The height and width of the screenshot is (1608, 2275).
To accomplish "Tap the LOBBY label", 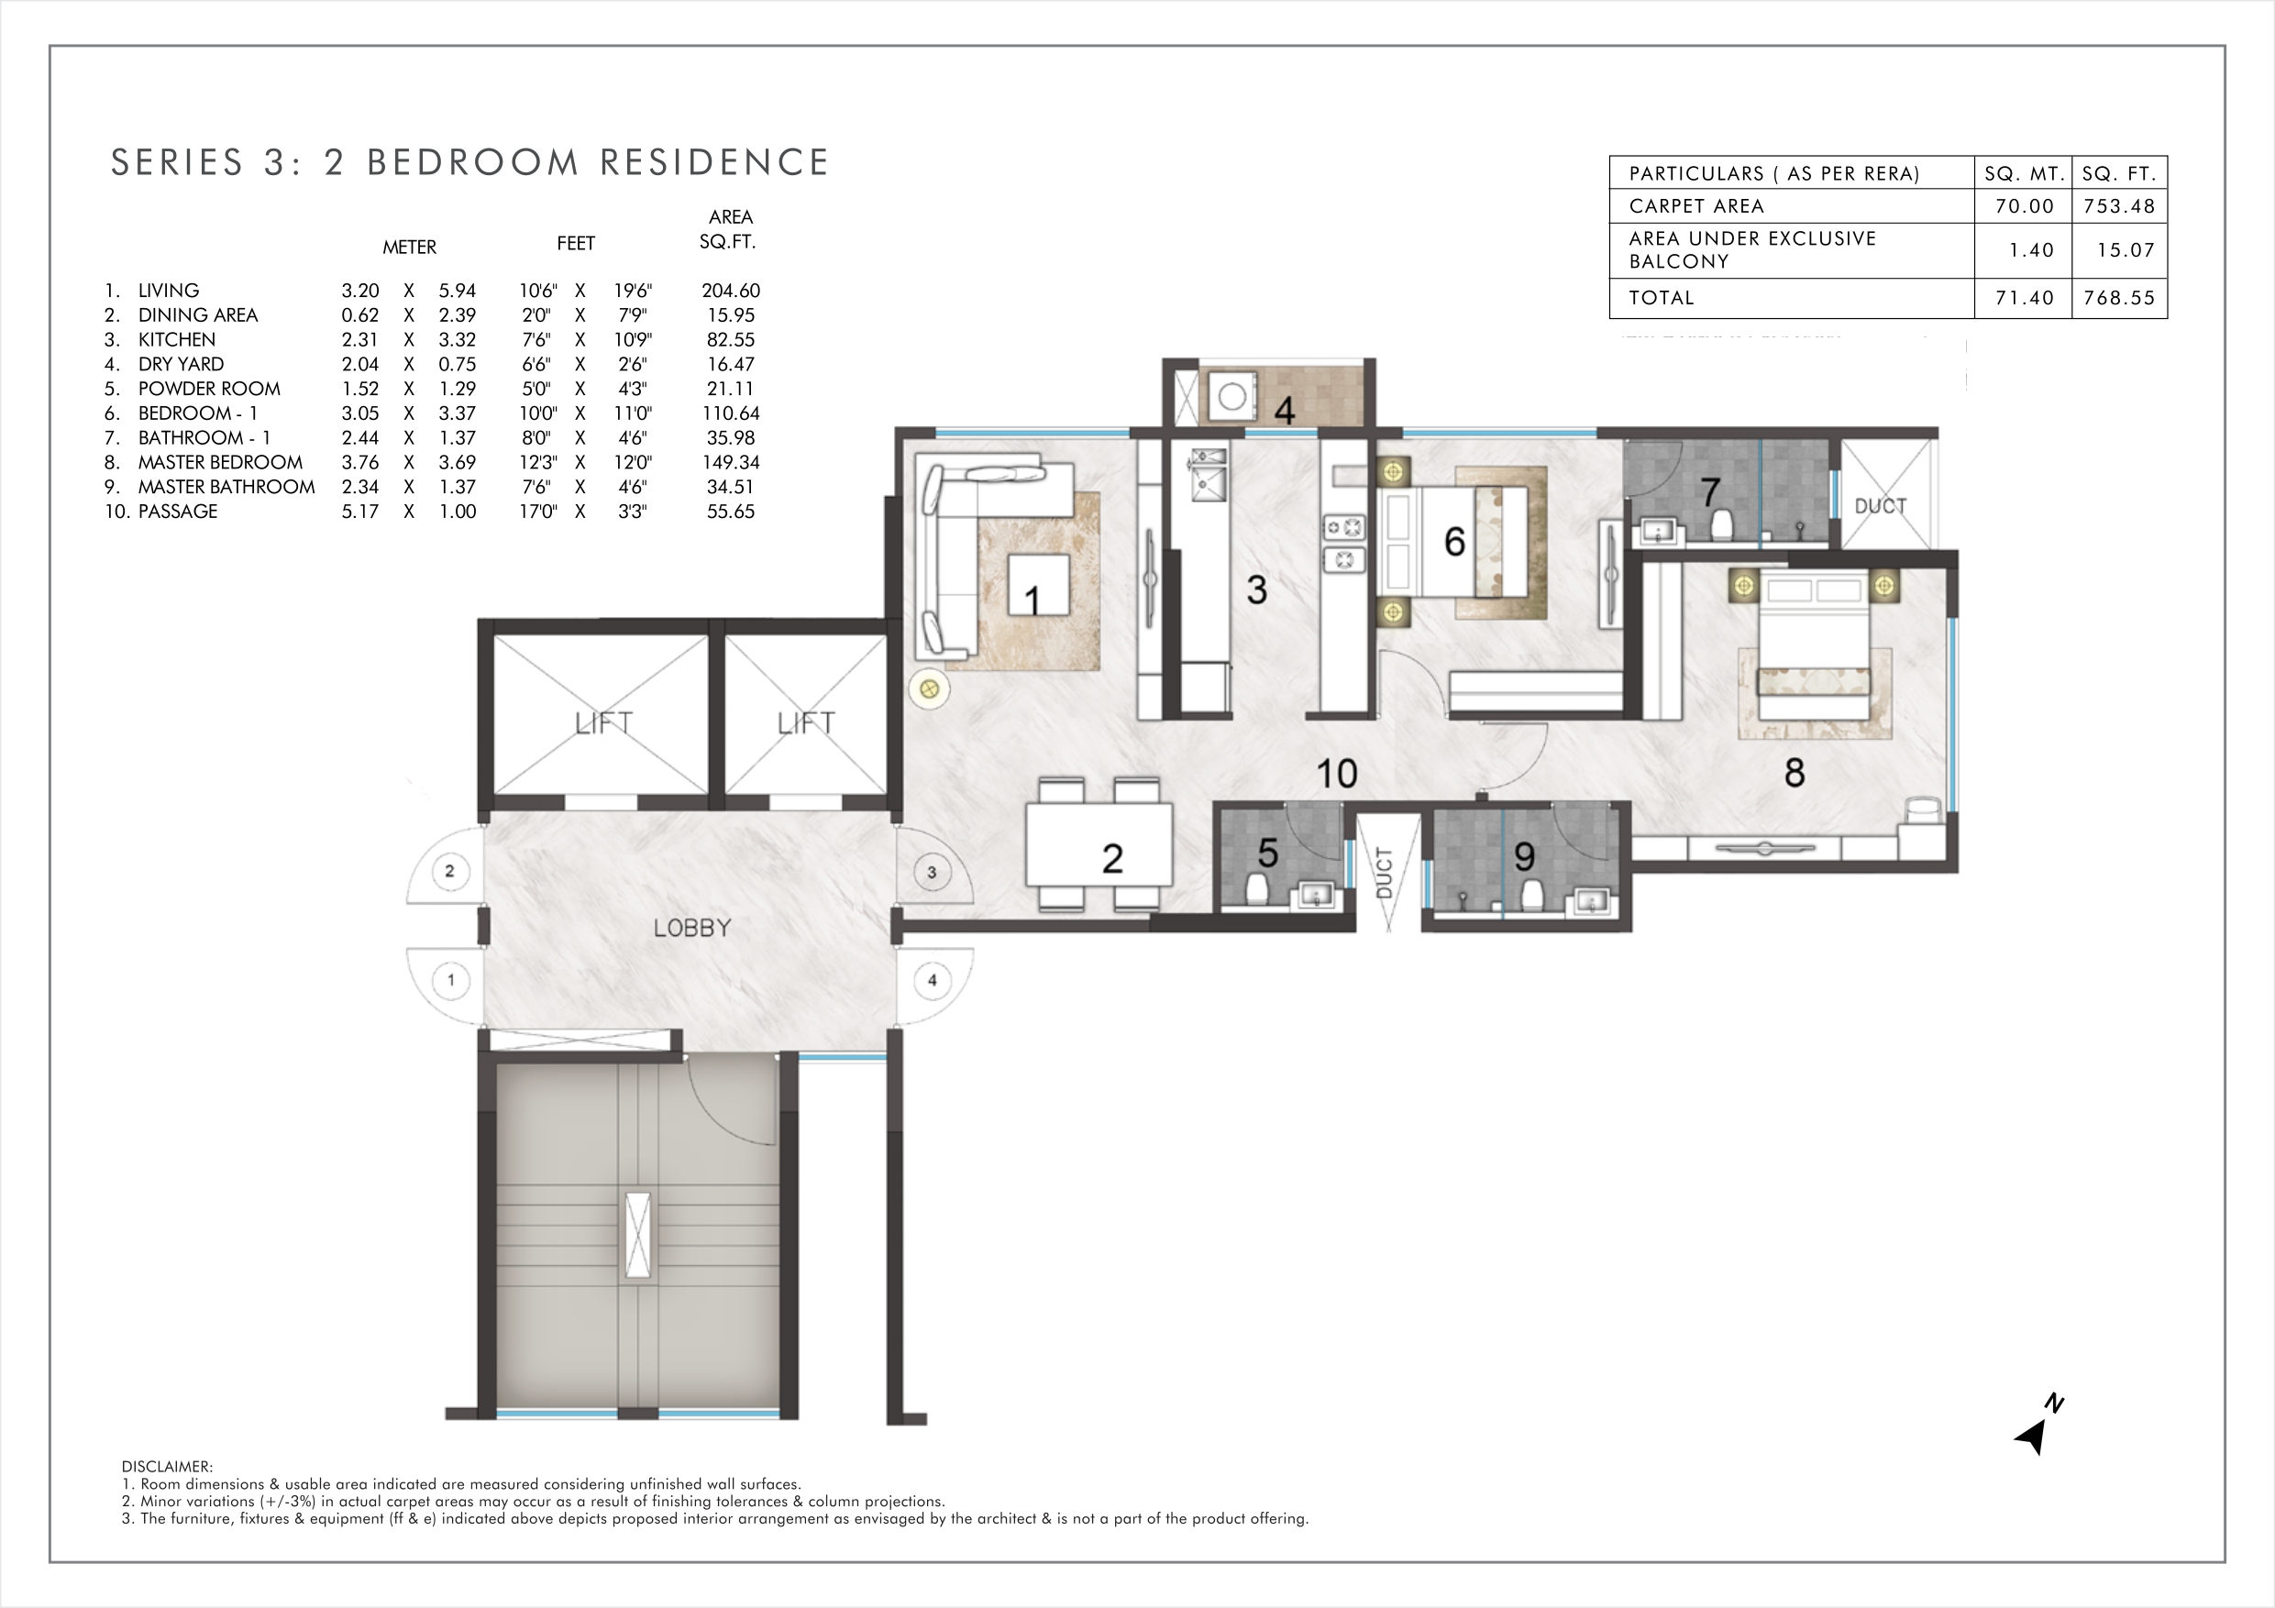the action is (691, 929).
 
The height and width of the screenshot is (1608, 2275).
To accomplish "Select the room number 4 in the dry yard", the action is (1284, 410).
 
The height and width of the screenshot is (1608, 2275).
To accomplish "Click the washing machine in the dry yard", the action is (1231, 396).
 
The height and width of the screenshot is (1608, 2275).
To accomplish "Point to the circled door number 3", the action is (931, 873).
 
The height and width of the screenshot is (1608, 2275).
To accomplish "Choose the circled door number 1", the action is (451, 981).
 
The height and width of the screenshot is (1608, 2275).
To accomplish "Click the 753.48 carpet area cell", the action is (2119, 206).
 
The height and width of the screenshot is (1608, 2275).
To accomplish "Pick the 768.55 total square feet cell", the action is (2119, 297).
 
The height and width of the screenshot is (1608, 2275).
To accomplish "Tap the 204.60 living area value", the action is (731, 291).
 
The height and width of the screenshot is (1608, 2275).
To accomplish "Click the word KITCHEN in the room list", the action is (176, 340).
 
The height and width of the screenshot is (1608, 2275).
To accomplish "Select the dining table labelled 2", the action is (1099, 844).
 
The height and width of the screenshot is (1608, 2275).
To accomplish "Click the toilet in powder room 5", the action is (1257, 888).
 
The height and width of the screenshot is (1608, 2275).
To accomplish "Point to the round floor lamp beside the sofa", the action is (928, 688).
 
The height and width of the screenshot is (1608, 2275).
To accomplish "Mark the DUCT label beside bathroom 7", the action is (1880, 506).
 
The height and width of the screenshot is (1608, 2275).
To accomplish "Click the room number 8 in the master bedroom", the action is (1794, 774).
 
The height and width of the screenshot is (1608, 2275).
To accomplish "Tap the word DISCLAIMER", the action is (167, 1466).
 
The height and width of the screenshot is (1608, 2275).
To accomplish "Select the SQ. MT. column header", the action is (2025, 173).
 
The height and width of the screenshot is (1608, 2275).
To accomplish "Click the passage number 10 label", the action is (1336, 774).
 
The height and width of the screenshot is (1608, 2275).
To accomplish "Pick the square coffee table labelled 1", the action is (1038, 586).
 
